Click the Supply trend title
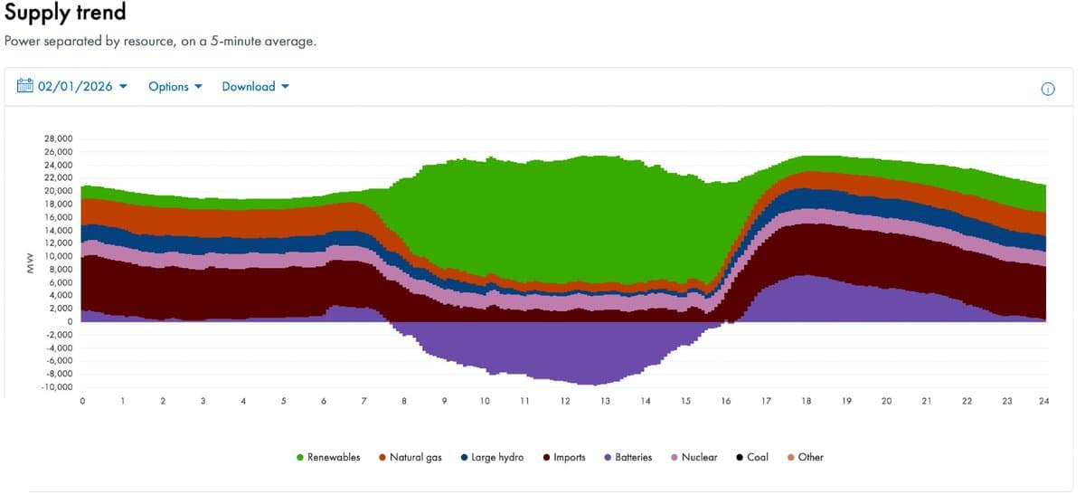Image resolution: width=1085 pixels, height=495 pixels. point(65,14)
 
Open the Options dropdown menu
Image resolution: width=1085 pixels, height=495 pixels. point(175,87)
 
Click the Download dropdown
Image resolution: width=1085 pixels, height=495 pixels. point(255,87)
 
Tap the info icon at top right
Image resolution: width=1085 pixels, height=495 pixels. point(1048,89)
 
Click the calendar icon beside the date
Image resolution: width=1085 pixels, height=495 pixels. point(25,86)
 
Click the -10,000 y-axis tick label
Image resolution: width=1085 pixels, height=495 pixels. point(57,387)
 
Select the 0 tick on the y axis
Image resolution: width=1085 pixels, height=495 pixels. point(70,322)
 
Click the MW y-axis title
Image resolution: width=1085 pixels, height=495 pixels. point(29,263)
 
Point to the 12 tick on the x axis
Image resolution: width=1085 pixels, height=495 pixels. point(565,401)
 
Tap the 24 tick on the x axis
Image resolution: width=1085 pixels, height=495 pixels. point(1043,401)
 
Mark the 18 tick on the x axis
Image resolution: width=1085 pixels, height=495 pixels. point(806,401)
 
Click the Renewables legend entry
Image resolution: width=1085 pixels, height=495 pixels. point(327,458)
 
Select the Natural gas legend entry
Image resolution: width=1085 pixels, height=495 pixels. point(410,458)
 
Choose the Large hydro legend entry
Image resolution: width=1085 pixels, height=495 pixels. point(491,458)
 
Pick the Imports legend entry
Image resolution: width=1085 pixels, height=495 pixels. point(563,458)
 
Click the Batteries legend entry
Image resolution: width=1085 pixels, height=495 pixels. point(627,458)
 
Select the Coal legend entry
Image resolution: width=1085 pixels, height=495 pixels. point(752,458)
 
